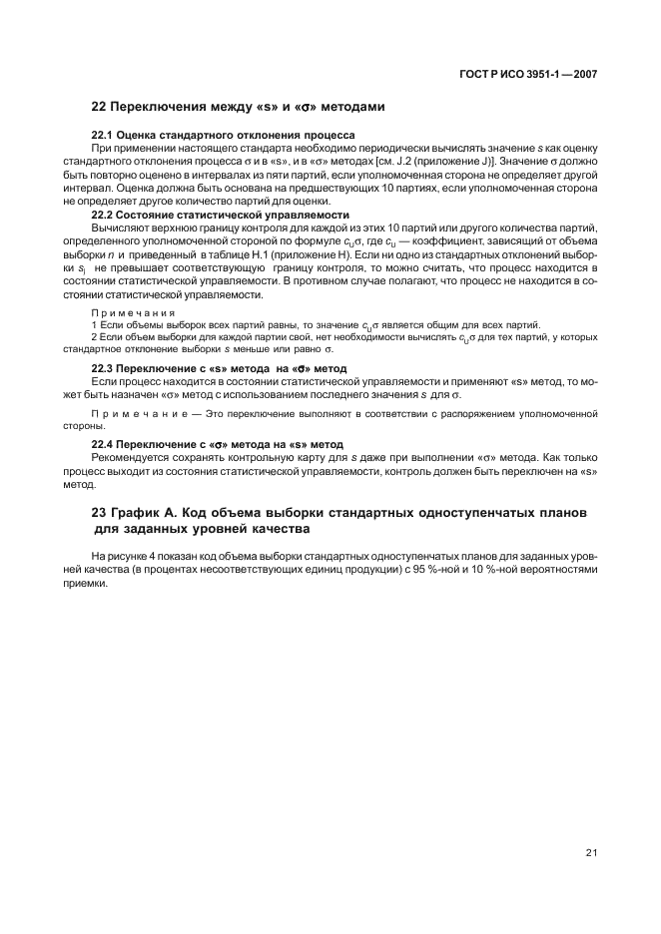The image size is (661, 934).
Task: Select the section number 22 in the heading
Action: click(x=99, y=106)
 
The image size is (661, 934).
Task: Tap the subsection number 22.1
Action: click(x=103, y=135)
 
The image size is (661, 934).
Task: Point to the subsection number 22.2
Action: click(x=103, y=215)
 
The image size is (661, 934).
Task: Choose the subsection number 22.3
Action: click(x=103, y=369)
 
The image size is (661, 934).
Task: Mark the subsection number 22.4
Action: click(x=103, y=444)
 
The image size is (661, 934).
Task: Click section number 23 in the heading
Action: click(x=99, y=512)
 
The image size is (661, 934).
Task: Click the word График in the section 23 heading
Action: click(x=139, y=512)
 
